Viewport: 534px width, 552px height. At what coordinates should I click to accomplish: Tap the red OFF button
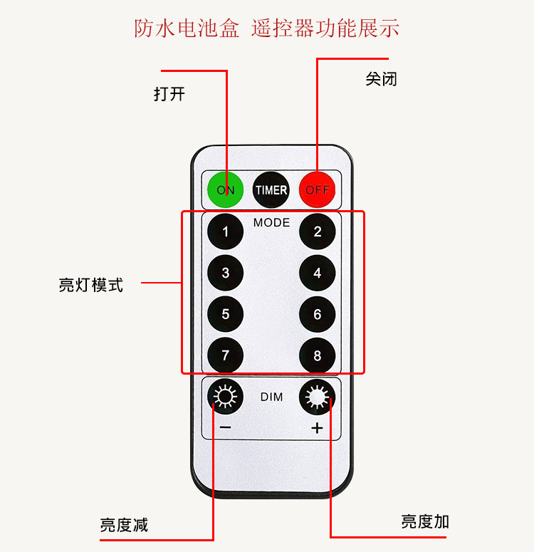(x=318, y=189)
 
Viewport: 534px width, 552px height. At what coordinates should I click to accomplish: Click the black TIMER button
(x=271, y=189)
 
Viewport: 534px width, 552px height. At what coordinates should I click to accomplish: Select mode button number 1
(x=226, y=231)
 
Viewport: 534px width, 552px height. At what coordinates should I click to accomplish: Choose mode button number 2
(x=318, y=231)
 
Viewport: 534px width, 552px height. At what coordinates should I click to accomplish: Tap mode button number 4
(x=318, y=273)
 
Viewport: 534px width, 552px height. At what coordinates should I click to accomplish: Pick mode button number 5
(x=226, y=314)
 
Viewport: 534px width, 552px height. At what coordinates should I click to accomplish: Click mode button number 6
(x=318, y=314)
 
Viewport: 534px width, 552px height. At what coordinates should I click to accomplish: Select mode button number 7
(x=226, y=355)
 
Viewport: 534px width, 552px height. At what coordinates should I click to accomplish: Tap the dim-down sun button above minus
(x=226, y=397)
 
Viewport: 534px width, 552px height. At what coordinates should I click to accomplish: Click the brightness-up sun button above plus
(x=318, y=397)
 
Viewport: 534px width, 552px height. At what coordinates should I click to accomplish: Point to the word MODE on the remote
(x=271, y=223)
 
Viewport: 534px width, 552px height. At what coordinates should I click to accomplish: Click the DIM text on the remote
(x=271, y=397)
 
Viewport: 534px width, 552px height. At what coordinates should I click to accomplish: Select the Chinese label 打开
(x=169, y=94)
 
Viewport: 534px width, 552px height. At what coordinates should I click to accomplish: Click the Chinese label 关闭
(x=381, y=79)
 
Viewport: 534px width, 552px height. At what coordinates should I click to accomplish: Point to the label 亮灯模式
(x=90, y=285)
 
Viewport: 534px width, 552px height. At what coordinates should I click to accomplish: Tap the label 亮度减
(x=124, y=526)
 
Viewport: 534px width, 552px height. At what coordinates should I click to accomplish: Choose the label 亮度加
(x=425, y=521)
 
